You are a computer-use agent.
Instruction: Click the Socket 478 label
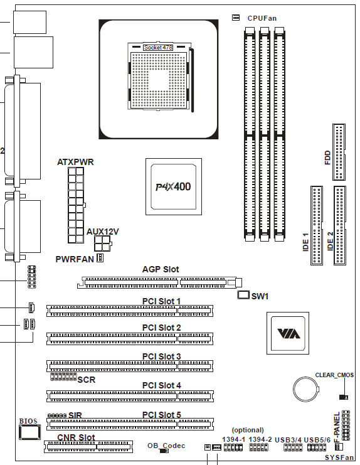point(158,48)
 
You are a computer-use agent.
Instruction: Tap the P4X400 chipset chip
point(174,186)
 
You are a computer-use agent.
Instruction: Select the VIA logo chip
point(288,333)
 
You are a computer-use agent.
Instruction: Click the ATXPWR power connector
point(76,205)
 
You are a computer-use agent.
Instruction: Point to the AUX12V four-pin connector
point(102,243)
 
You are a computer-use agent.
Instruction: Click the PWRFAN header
point(100,259)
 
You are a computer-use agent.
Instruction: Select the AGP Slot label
point(161,269)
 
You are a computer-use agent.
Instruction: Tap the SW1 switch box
point(243,295)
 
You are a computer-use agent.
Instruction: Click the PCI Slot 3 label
point(161,356)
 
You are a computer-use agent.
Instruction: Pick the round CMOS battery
point(307,389)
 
